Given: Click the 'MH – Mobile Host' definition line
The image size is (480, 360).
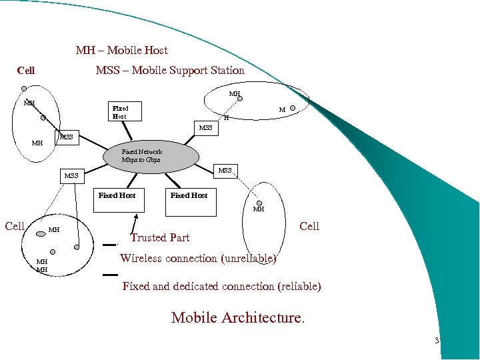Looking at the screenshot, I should [121, 50].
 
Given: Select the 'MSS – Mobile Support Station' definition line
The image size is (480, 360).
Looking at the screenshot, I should [170, 70].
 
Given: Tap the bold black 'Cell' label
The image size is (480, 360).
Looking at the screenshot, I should [26, 71].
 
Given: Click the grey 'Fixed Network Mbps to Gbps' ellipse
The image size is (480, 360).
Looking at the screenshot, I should [151, 156].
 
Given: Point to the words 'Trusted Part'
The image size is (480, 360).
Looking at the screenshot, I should [160, 237].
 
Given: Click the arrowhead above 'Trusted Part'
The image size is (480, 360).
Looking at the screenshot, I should [137, 216].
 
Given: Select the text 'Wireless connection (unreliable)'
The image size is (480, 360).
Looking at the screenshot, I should [198, 258].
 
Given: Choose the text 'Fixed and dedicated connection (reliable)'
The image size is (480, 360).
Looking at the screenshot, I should [221, 286].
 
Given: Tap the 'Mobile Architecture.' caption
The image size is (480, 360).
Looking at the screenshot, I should [238, 317].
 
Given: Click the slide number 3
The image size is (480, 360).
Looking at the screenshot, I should [436, 341].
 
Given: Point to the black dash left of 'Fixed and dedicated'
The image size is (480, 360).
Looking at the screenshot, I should [111, 274].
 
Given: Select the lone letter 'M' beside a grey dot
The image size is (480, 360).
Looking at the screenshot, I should [282, 110].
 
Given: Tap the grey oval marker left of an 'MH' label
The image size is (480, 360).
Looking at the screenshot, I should [40, 233].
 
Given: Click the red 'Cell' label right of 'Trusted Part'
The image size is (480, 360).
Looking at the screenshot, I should [309, 226].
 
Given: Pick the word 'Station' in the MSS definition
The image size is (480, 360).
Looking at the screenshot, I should [225, 70].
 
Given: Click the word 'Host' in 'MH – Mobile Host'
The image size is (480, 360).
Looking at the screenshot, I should [156, 50].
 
